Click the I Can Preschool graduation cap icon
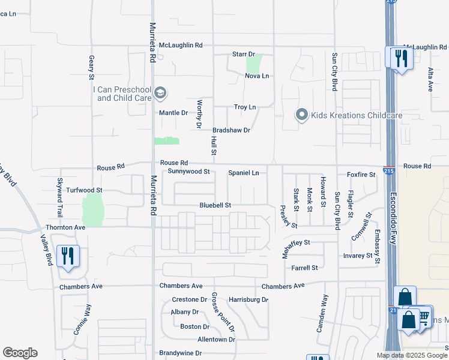[x=160, y=93]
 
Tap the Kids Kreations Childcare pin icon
[x=301, y=114]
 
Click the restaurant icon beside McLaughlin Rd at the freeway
[x=400, y=58]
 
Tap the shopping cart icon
[x=423, y=316]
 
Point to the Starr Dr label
[x=244, y=55]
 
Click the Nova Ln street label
[x=257, y=76]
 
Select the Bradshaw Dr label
[x=231, y=130]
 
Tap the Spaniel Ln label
[x=244, y=173]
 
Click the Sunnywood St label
[x=188, y=172]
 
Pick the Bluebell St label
[x=215, y=205]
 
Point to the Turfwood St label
[x=85, y=190]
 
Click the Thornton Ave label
[x=65, y=228]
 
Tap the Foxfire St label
[x=361, y=175]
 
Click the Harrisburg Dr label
[x=248, y=299]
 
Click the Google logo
[x=20, y=353]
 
